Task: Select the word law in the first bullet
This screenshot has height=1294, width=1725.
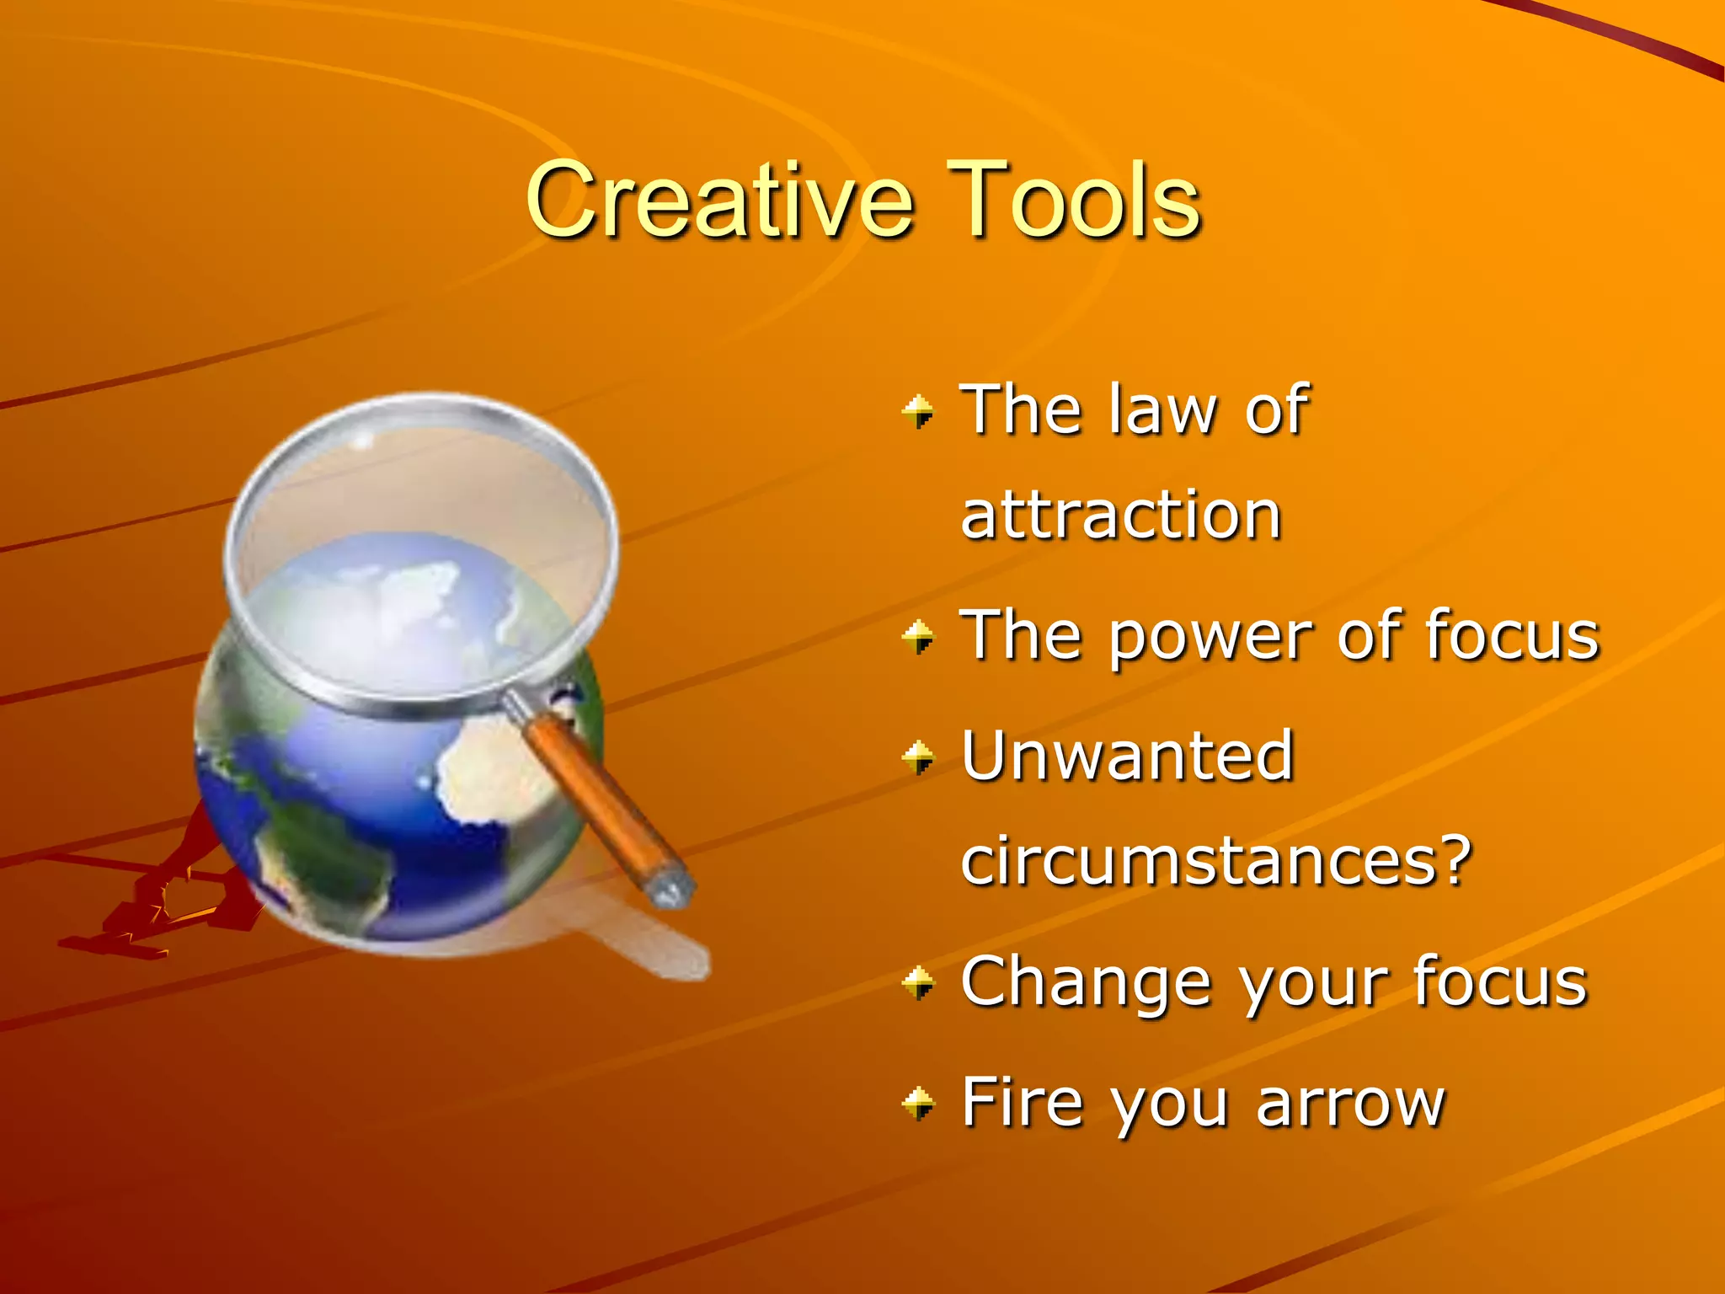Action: (x=1162, y=409)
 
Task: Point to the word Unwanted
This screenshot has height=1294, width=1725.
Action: (x=1127, y=756)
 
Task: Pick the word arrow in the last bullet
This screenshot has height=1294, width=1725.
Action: (x=1350, y=1103)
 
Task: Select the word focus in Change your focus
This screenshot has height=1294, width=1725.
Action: (x=1500, y=981)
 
